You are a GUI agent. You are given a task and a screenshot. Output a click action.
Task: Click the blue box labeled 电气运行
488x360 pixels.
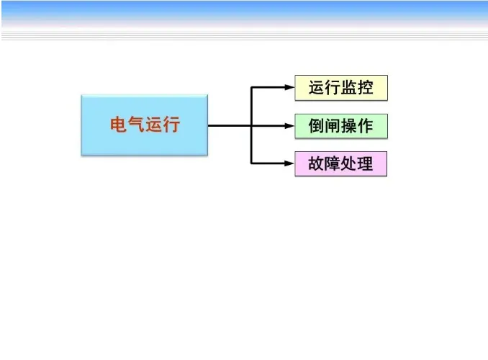point(144,125)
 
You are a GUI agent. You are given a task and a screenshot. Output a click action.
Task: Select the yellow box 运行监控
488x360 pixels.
point(341,88)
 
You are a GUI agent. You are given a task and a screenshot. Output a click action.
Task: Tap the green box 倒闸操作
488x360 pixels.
point(341,126)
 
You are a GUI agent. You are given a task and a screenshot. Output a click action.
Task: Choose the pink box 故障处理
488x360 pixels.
point(341,164)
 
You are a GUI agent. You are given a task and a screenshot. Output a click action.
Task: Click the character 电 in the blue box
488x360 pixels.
point(118,125)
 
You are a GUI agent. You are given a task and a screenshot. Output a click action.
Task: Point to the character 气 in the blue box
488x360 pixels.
point(135,125)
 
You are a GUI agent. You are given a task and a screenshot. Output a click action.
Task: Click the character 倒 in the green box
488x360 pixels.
point(317,126)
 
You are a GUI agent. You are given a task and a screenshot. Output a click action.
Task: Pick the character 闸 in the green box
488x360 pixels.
point(333,126)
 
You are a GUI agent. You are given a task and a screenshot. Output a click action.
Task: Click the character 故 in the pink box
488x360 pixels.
point(317,164)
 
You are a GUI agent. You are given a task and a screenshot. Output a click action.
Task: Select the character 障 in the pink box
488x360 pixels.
point(333,164)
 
